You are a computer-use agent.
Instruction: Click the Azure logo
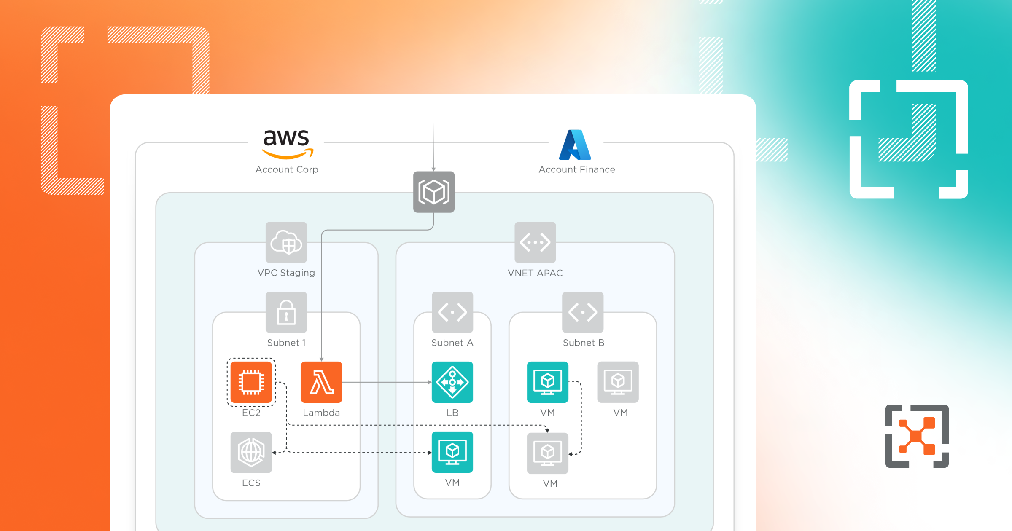coord(575,145)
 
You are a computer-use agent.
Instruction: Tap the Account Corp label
coord(287,169)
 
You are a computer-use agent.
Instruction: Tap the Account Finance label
coord(576,169)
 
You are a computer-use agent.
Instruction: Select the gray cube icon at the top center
coord(433,192)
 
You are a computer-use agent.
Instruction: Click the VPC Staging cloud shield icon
coord(286,242)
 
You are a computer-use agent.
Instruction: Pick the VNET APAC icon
coord(535,242)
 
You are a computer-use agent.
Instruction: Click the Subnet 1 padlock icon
coord(286,312)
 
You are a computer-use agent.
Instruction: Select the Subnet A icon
coord(452,312)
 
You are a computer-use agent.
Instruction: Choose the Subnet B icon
coord(582,312)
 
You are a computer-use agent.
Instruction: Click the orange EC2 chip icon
coord(251,382)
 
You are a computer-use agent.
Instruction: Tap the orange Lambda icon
coord(321,382)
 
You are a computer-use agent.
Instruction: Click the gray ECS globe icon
coord(251,452)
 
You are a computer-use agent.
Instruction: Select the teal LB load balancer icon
coord(452,382)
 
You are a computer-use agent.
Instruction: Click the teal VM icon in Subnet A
coord(452,452)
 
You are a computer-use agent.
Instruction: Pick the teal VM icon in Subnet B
coord(547,382)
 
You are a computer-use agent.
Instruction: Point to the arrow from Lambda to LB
coord(386,382)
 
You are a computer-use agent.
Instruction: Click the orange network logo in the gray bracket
coord(917,436)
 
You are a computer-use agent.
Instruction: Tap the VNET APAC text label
coord(535,273)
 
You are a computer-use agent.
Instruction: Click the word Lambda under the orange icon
coord(321,413)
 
